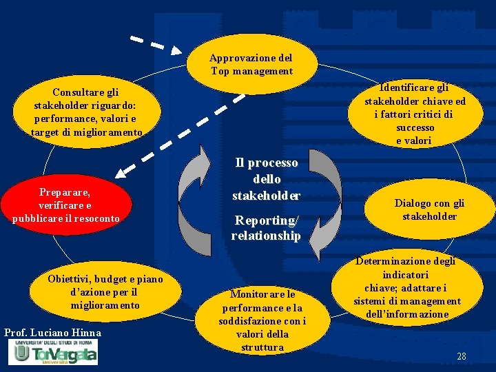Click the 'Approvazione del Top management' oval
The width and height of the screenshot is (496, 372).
tap(251, 64)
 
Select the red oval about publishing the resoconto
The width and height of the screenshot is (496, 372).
tap(65, 205)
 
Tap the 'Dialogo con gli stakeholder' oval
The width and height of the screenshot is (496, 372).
tap(429, 209)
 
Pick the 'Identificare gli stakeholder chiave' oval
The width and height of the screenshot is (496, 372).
tap(415, 114)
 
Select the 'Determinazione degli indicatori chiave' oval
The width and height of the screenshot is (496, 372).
tap(406, 288)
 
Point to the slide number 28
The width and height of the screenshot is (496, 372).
tap(462, 356)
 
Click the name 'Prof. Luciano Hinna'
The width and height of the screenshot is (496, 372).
tap(52, 333)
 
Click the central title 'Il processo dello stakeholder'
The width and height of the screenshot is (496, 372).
tap(266, 179)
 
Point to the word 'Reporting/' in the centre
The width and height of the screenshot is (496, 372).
tap(266, 220)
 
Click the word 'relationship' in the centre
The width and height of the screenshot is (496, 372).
tap(266, 236)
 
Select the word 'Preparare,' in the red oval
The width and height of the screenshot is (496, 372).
tap(65, 192)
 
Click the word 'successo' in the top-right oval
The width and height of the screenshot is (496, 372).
tap(415, 127)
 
